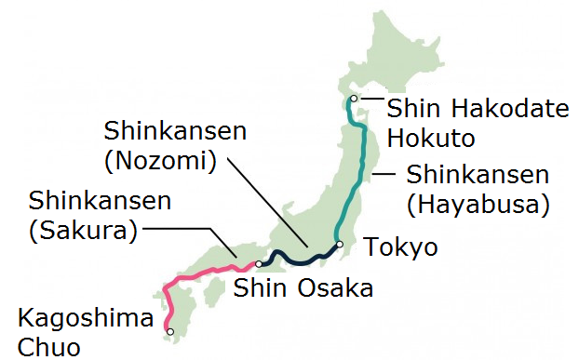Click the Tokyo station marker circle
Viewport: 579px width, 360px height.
pyautogui.click(x=341, y=245)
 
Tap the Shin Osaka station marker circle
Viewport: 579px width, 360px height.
pyautogui.click(x=259, y=264)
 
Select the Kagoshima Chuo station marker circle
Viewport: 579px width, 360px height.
pyautogui.click(x=169, y=331)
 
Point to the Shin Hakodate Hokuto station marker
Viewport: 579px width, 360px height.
pyautogui.click(x=353, y=99)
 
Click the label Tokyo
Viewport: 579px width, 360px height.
pyautogui.click(x=400, y=248)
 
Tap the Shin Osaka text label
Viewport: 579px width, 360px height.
pyautogui.click(x=303, y=287)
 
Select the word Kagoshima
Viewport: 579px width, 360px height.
pyautogui.click(x=86, y=319)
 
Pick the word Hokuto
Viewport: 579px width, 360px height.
pyautogui.click(x=431, y=138)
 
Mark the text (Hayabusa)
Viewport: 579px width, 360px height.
pyautogui.click(x=478, y=202)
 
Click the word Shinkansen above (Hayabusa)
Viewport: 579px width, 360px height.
pyautogui.click(x=478, y=174)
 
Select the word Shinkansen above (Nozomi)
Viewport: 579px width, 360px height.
pyautogui.click(x=176, y=129)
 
